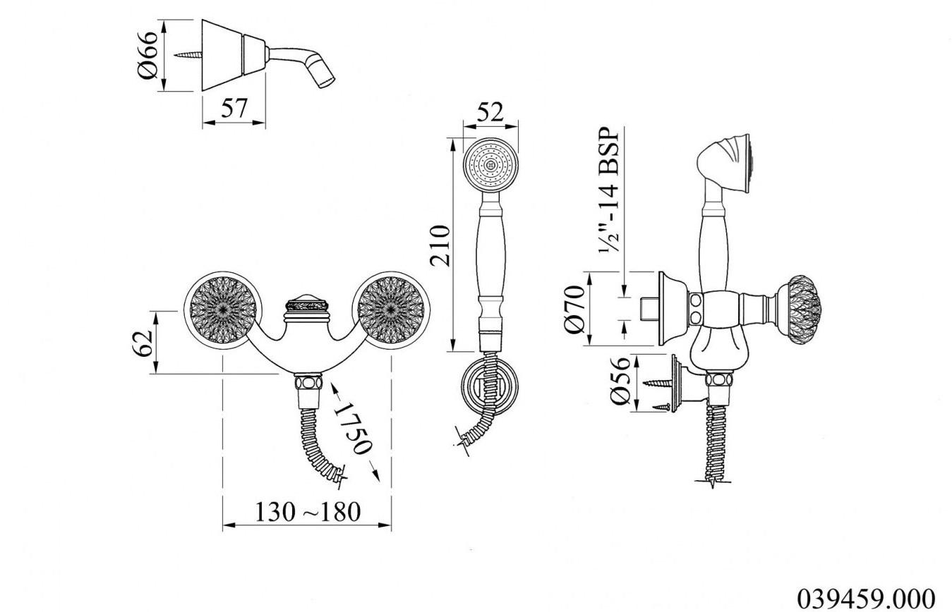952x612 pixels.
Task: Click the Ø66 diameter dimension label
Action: pos(148,55)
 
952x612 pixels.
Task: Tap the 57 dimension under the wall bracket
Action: pos(234,108)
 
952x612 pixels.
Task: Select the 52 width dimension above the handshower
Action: pos(490,112)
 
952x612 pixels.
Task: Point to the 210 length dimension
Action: pos(440,245)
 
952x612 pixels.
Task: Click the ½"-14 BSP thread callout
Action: pos(610,190)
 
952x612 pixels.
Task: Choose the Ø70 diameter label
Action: pos(576,309)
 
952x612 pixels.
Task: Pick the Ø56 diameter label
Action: pos(620,381)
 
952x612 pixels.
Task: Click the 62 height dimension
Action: pos(142,343)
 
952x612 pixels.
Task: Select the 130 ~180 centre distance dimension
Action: pos(307,512)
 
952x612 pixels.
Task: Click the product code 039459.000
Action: pos(866,599)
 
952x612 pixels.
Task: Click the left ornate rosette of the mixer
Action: pos(222,310)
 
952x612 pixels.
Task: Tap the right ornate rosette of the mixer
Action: pos(390,310)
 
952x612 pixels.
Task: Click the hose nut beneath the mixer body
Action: pos(308,382)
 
